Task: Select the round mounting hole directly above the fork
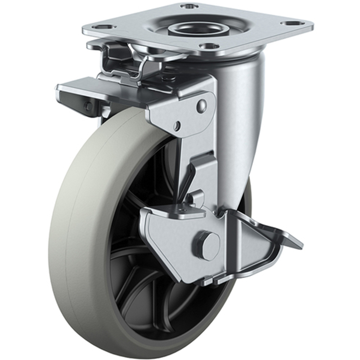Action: tap(208, 46)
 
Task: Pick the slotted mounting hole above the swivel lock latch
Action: tap(103, 27)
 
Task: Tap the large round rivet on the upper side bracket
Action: tap(202, 106)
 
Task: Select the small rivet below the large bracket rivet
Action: tap(178, 126)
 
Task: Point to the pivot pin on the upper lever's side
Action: tap(88, 107)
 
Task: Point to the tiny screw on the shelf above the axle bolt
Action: tap(183, 210)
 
